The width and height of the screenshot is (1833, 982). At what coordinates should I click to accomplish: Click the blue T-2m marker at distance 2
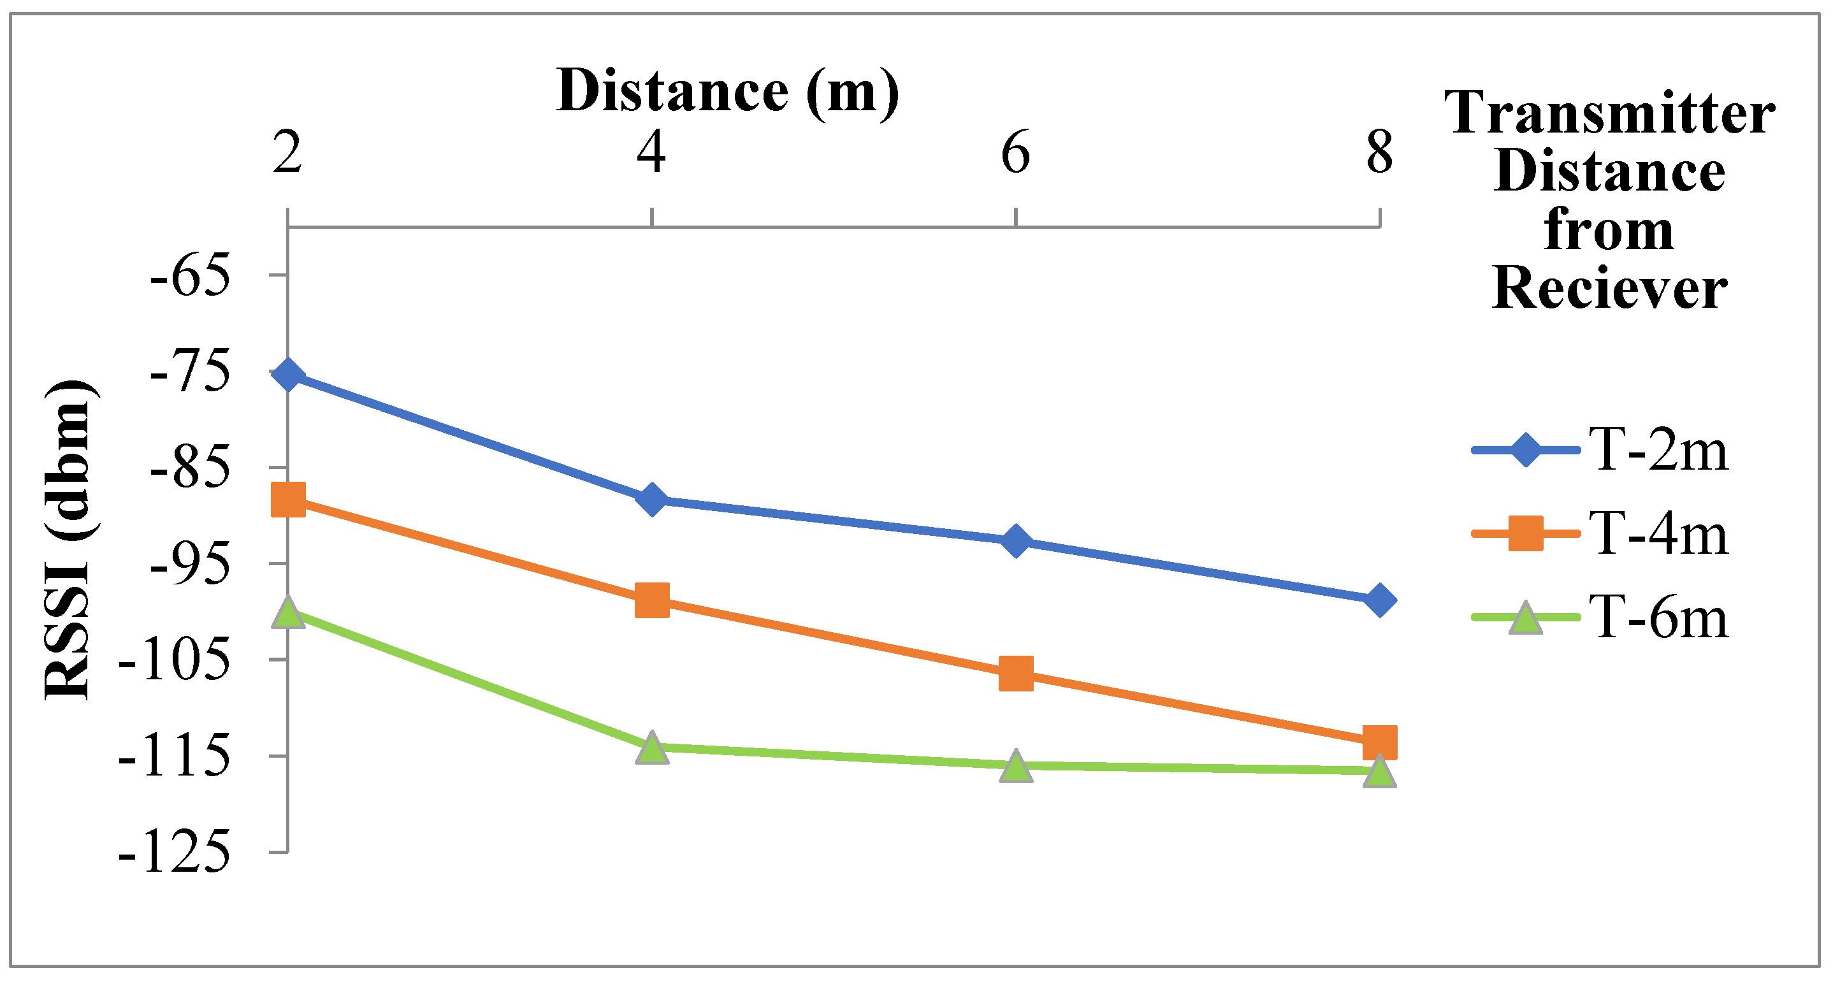pos(288,373)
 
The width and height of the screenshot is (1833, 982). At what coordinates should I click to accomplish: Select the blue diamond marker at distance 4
pos(652,500)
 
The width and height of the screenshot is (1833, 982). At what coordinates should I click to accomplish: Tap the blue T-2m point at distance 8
pos(1379,600)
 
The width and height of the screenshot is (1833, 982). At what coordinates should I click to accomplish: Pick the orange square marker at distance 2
pos(288,500)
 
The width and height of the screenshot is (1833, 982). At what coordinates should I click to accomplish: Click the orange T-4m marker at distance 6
pos(1015,673)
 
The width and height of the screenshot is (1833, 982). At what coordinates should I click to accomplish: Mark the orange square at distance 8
pos(1379,742)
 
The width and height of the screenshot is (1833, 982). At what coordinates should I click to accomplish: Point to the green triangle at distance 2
pos(288,612)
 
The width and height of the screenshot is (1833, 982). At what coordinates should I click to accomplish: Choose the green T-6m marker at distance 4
pos(652,747)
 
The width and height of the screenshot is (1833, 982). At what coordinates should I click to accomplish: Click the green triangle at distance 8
pos(1379,771)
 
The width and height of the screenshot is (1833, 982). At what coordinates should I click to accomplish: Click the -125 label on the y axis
pos(175,853)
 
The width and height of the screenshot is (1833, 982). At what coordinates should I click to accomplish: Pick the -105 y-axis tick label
pos(175,661)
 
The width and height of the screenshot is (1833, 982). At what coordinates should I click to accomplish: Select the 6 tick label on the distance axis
pos(1015,153)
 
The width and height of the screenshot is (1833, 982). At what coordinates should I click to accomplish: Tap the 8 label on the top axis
pos(1379,153)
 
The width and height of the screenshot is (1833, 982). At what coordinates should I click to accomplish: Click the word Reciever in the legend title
pos(1609,289)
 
